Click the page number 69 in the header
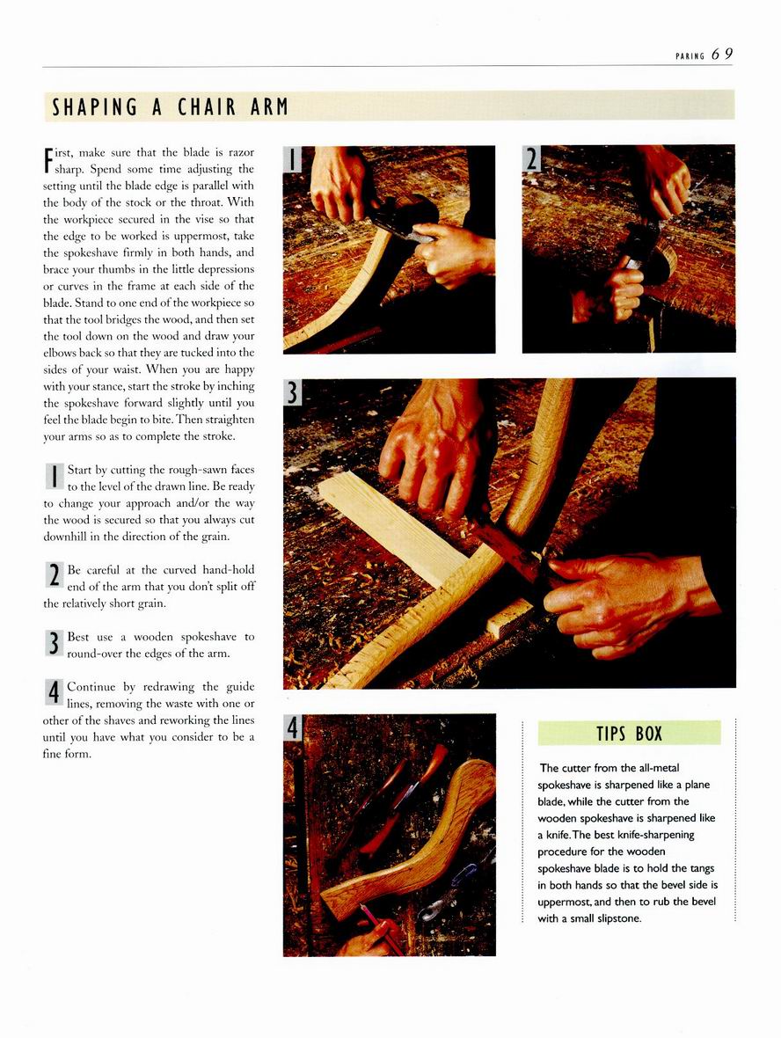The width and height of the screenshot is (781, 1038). point(722,55)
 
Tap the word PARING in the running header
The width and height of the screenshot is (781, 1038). point(690,56)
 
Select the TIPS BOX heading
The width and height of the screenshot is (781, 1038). point(629,734)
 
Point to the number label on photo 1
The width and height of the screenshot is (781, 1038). point(293,159)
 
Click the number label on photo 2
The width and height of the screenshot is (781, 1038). point(531,159)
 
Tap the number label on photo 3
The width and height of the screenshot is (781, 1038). point(293,392)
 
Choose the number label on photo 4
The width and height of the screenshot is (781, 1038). point(293,727)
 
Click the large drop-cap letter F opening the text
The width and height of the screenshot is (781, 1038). point(47,159)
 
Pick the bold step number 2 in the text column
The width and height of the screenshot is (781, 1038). point(54,574)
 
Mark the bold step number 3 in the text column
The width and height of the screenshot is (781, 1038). point(54,643)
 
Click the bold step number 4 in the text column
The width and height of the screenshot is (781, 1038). point(54,692)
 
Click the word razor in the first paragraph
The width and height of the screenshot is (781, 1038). point(241,152)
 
